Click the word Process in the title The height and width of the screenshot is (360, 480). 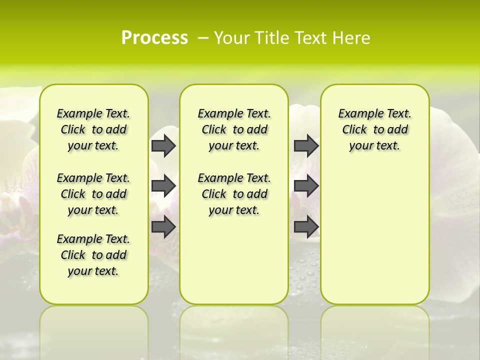(x=154, y=38)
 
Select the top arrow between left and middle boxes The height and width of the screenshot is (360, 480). (x=163, y=145)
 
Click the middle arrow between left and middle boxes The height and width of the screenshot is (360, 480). (x=163, y=186)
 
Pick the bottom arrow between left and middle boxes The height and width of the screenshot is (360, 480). (x=163, y=227)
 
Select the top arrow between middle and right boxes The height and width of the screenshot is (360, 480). (x=306, y=145)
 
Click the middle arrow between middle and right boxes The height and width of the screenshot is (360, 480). (x=306, y=186)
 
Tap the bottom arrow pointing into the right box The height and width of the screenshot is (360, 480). (x=306, y=227)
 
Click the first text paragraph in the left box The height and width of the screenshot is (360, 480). (x=93, y=129)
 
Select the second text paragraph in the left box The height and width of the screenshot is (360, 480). (x=93, y=194)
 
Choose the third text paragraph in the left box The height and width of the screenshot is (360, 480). (x=93, y=255)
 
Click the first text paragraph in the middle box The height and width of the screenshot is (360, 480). (x=234, y=129)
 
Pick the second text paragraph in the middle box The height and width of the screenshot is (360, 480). (x=234, y=194)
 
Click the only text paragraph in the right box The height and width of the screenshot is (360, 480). (x=374, y=129)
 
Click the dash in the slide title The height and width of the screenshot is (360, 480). (x=203, y=38)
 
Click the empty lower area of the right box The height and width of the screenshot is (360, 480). (x=374, y=235)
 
